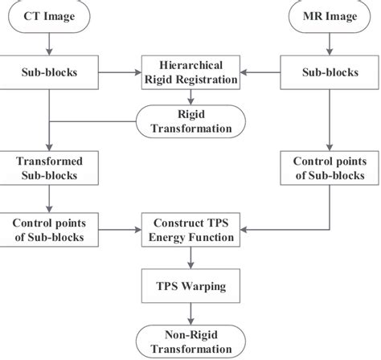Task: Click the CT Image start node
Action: click(49, 16)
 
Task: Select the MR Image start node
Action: click(330, 16)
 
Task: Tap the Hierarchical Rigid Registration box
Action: click(190, 72)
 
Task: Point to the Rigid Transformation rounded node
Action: click(190, 121)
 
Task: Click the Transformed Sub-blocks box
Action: click(49, 168)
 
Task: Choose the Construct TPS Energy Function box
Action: click(190, 230)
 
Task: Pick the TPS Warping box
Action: click(190, 286)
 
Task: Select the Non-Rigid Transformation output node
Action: click(190, 342)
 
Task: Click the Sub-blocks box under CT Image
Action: click(49, 72)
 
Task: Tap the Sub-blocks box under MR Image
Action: click(330, 72)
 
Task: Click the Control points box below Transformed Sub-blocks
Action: click(49, 230)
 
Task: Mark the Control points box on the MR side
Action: click(330, 168)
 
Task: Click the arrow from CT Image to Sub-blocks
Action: click(49, 44)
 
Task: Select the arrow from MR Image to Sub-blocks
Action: click(330, 44)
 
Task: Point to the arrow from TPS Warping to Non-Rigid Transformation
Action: click(190, 314)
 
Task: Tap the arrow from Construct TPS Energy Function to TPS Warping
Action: click(190, 258)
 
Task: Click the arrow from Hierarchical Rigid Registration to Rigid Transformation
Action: click(190, 97)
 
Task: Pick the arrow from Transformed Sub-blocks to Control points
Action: click(49, 199)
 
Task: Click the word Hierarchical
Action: click(191, 65)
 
